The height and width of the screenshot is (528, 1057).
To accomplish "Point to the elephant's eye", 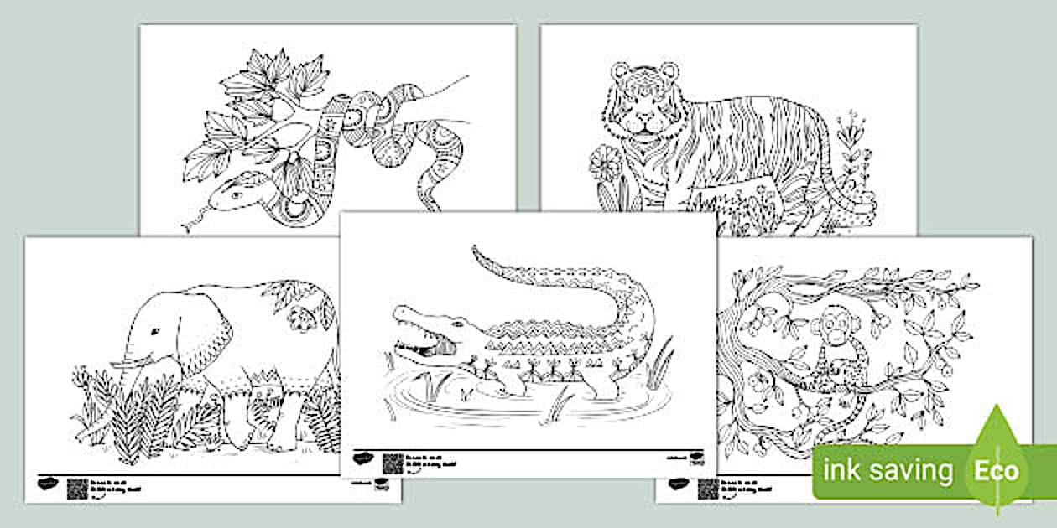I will pyautogui.click(x=154, y=332).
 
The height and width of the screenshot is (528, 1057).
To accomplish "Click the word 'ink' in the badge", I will pyautogui.click(x=842, y=471).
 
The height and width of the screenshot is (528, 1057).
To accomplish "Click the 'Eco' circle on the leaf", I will pyautogui.click(x=996, y=470).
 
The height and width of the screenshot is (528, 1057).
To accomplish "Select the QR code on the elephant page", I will pyautogui.click(x=77, y=489).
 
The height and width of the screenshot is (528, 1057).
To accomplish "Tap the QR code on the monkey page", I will pyautogui.click(x=708, y=489).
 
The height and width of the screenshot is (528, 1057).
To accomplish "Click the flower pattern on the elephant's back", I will pyautogui.click(x=300, y=316).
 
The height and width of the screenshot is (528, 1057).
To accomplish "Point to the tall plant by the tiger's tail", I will pyautogui.click(x=855, y=159).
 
